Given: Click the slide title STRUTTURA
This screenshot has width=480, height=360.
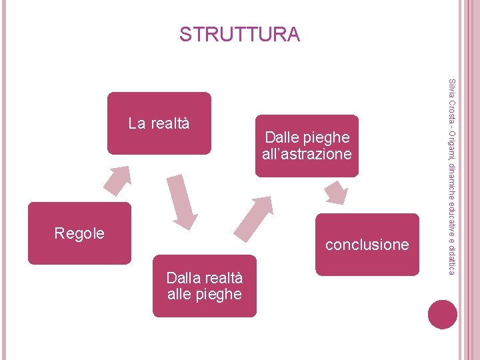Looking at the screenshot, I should (239, 34).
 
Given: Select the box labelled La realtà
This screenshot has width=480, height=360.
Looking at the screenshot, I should (159, 123).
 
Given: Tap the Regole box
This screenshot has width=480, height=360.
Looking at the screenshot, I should (79, 233).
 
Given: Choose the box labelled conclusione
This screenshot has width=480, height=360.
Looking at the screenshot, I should (367, 245).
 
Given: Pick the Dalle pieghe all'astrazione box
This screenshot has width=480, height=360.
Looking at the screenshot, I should (307, 145).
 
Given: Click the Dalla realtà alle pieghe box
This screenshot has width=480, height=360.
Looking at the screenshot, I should (204, 285).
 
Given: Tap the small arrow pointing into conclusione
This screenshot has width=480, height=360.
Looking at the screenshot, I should (336, 193).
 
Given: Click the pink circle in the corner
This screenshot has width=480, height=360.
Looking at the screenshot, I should (443, 314).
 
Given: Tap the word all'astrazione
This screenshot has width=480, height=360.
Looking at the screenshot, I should (307, 154).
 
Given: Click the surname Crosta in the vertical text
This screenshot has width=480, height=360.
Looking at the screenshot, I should (452, 110).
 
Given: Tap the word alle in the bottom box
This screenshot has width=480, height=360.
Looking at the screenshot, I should (179, 294).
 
